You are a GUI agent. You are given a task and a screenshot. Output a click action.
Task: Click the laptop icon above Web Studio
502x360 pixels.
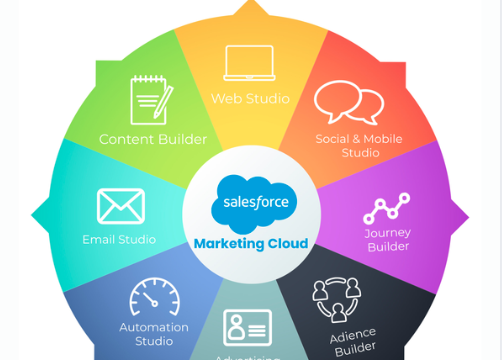coord(250,63)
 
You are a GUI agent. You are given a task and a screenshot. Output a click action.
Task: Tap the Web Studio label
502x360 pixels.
coord(250,99)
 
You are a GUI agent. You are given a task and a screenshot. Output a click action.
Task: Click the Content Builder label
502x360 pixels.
coord(153,139)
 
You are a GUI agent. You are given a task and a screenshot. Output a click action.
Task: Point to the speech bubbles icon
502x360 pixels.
coord(349,102)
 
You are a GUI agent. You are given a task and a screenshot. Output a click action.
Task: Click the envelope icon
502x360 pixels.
coord(121,206)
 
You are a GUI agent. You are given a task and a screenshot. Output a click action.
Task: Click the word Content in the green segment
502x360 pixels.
coord(125,139)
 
